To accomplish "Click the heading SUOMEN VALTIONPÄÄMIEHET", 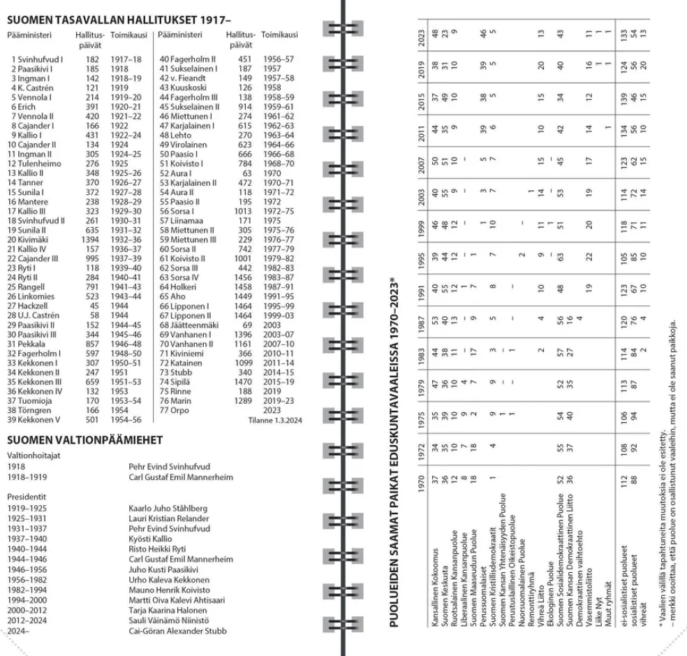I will tap(84, 440).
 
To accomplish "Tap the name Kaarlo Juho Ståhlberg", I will tap(167, 509).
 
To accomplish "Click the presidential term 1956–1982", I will tap(25, 580).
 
